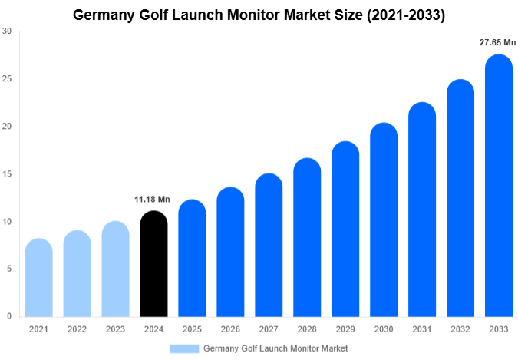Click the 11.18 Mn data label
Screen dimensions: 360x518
coord(153,200)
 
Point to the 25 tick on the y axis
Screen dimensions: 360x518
coord(7,79)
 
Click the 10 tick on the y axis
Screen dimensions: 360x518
coord(7,222)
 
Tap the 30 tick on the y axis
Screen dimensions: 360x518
coord(7,31)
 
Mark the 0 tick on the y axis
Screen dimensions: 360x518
coord(8,316)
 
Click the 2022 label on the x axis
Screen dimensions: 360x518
coord(77,329)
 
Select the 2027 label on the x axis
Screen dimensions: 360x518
coord(269,329)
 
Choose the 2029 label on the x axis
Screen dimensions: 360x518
coord(345,329)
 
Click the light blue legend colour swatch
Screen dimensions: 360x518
coord(184,348)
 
